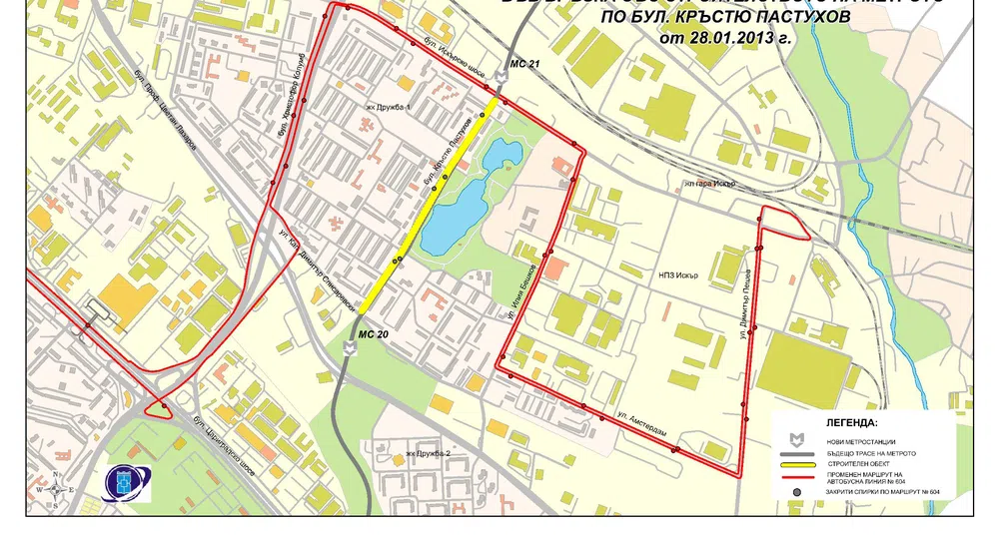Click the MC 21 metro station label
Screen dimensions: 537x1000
[524, 64]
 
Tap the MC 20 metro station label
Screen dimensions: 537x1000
[374, 334]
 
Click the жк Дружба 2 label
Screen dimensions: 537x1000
[429, 454]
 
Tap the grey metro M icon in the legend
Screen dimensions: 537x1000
[797, 440]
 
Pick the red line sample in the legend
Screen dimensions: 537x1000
[797, 477]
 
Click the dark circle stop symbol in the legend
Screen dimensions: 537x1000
[797, 491]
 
